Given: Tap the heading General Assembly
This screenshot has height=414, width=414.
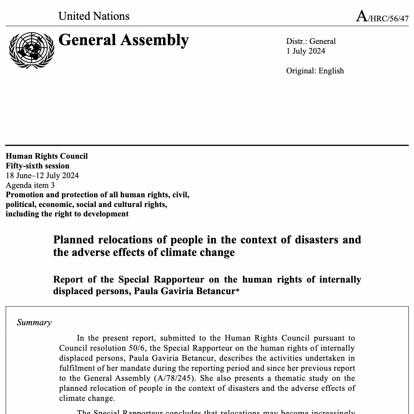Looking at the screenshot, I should (x=124, y=40).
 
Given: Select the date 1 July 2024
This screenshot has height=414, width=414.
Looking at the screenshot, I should (x=305, y=51).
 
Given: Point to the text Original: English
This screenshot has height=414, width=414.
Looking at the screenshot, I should (x=315, y=71).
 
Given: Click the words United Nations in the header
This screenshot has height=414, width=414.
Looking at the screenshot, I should (x=94, y=16).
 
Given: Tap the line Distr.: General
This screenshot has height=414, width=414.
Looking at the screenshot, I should (x=311, y=41).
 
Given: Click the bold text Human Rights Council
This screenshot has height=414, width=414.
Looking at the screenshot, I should (x=47, y=156).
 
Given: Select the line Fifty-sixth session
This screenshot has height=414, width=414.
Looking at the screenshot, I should (x=38, y=166).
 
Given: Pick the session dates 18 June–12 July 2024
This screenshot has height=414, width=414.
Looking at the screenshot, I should (x=42, y=176).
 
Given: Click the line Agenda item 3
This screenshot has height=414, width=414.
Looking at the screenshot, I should (x=30, y=185).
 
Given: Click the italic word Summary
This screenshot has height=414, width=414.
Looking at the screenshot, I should (x=34, y=323).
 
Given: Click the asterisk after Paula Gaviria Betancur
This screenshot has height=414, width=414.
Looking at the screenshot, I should (x=238, y=291).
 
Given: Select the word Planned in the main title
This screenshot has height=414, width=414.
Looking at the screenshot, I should (x=74, y=240).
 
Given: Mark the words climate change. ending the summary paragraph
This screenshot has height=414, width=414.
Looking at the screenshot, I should (x=87, y=399).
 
